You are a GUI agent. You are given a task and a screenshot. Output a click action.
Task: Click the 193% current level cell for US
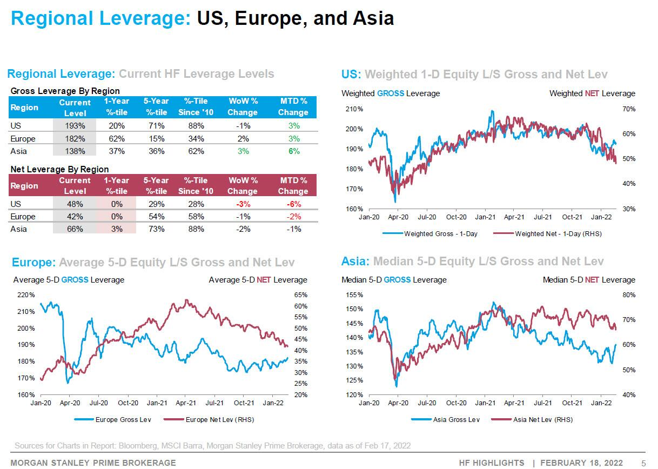(x=75, y=126)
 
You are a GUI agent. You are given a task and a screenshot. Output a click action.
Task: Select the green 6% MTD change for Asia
(x=293, y=151)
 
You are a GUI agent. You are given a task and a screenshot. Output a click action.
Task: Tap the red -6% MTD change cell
(x=293, y=204)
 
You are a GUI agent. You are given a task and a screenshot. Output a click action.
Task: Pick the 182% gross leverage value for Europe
(x=75, y=139)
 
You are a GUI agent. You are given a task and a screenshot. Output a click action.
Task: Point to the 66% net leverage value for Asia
(x=75, y=229)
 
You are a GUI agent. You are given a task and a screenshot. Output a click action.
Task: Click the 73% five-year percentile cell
(x=156, y=229)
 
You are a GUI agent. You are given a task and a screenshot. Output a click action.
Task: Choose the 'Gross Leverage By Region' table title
(x=65, y=91)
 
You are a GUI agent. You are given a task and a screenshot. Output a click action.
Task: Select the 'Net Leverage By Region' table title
(x=59, y=170)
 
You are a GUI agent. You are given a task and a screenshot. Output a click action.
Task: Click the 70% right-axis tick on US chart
(x=629, y=109)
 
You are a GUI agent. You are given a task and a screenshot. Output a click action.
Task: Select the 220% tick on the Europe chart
(x=26, y=295)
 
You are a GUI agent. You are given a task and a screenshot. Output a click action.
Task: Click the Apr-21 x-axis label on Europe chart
(x=185, y=403)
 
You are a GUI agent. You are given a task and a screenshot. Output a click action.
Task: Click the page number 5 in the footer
(x=643, y=463)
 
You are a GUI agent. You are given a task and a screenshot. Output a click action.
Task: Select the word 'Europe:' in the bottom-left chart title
(x=33, y=263)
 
